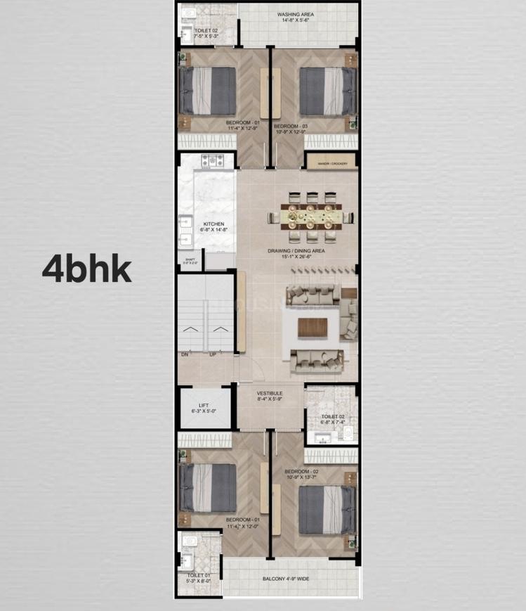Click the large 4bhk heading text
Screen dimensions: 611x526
point(86,269)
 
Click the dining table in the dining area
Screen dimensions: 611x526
point(309,217)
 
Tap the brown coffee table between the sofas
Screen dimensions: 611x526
point(313,328)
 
